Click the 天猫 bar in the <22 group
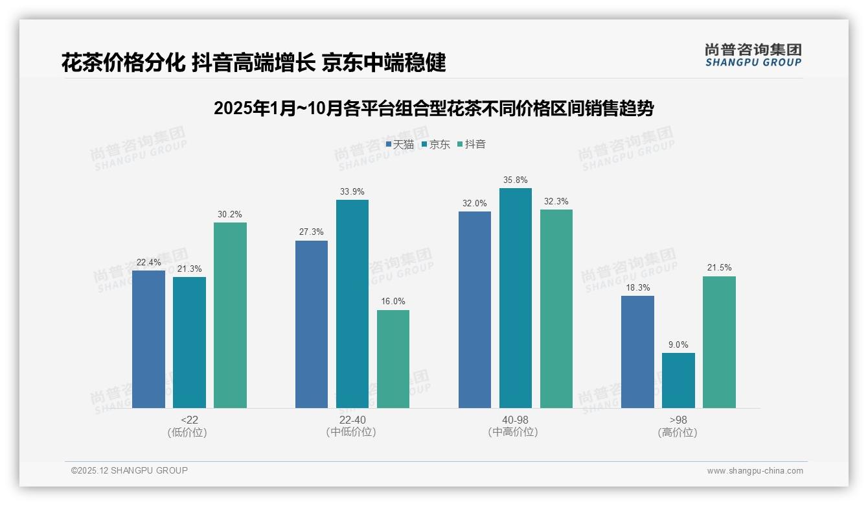[x=148, y=339]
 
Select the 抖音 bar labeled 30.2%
[x=230, y=315]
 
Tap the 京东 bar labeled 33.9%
[x=352, y=304]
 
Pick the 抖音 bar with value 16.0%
[x=393, y=359]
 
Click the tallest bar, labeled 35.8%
[x=516, y=298]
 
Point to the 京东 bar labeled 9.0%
[x=678, y=380]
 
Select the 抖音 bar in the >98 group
[x=719, y=342]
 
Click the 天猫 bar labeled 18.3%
[x=637, y=352]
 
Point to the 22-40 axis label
[x=352, y=420]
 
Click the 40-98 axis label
[x=515, y=420]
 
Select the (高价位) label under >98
[x=678, y=433]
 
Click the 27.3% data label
[x=311, y=232]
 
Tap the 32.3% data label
[x=556, y=201]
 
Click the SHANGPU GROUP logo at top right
[x=753, y=55]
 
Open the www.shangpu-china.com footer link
[x=755, y=471]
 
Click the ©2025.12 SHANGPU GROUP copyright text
[x=130, y=471]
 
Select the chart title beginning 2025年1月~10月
[x=433, y=108]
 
